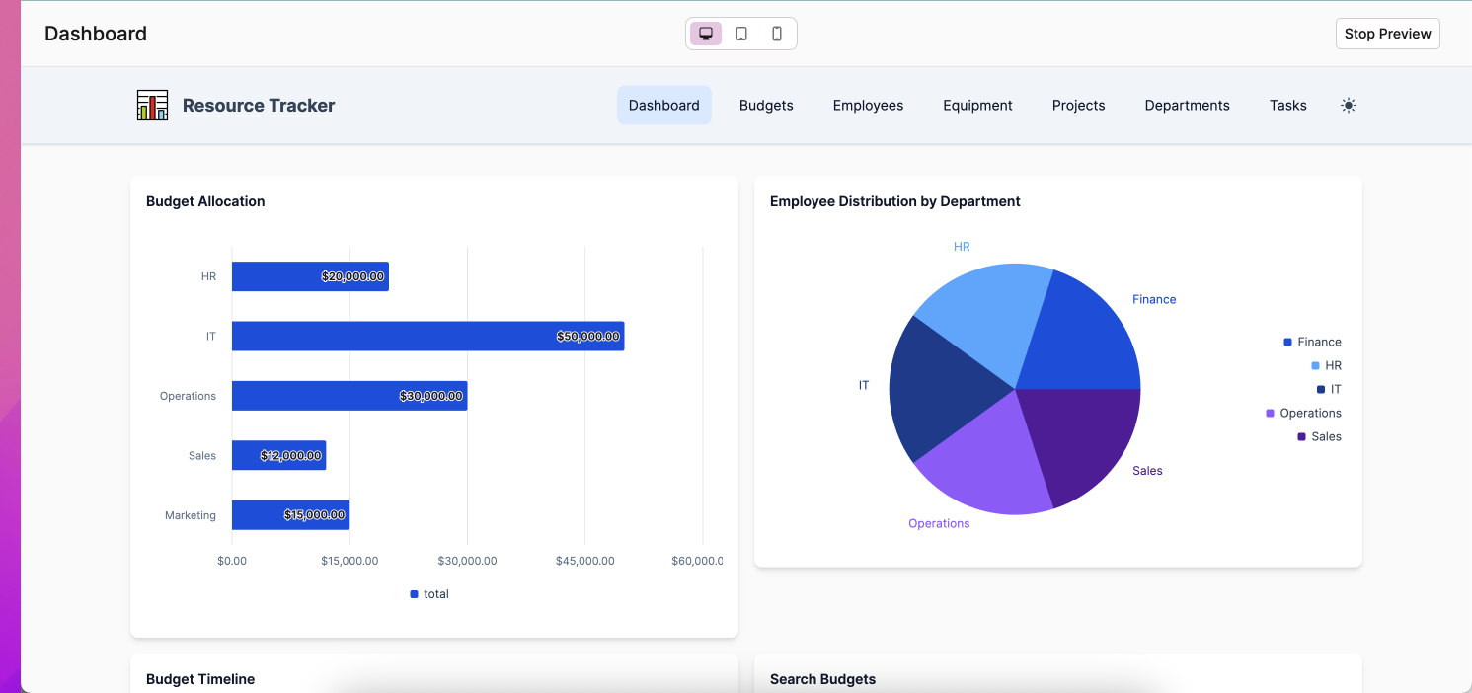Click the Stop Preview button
[1387, 34]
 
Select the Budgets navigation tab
[766, 106]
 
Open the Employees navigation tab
[868, 106]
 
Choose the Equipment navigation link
[977, 106]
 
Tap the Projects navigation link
[1078, 106]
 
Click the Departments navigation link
[1187, 106]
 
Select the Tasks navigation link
[1287, 106]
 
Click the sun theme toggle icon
[1349, 106]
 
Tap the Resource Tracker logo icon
[152, 105]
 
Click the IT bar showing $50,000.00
[426, 336]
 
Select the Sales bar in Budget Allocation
[278, 455]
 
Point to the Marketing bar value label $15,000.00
[314, 515]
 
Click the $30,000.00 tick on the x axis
[467, 561]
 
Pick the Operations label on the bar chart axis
[188, 396]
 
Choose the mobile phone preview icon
[777, 34]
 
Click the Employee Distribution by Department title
[894, 201]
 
